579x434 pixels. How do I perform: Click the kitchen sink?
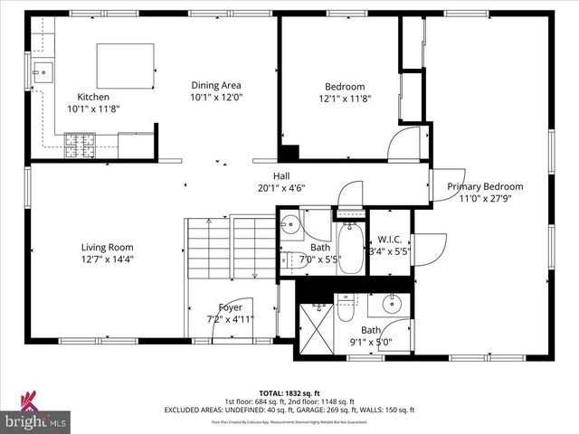click(x=41, y=70)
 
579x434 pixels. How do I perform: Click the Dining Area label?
click(x=216, y=91)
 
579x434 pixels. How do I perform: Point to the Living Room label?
click(x=107, y=252)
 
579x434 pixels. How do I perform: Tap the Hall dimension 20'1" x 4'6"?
click(x=281, y=189)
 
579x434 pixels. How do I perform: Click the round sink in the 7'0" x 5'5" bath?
click(x=289, y=227)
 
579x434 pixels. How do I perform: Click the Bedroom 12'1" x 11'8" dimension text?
click(x=344, y=99)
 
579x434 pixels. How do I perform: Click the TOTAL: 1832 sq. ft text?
click(x=289, y=393)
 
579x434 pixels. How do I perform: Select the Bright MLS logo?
click(x=36, y=414)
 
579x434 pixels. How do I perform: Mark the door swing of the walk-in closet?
click(x=429, y=244)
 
